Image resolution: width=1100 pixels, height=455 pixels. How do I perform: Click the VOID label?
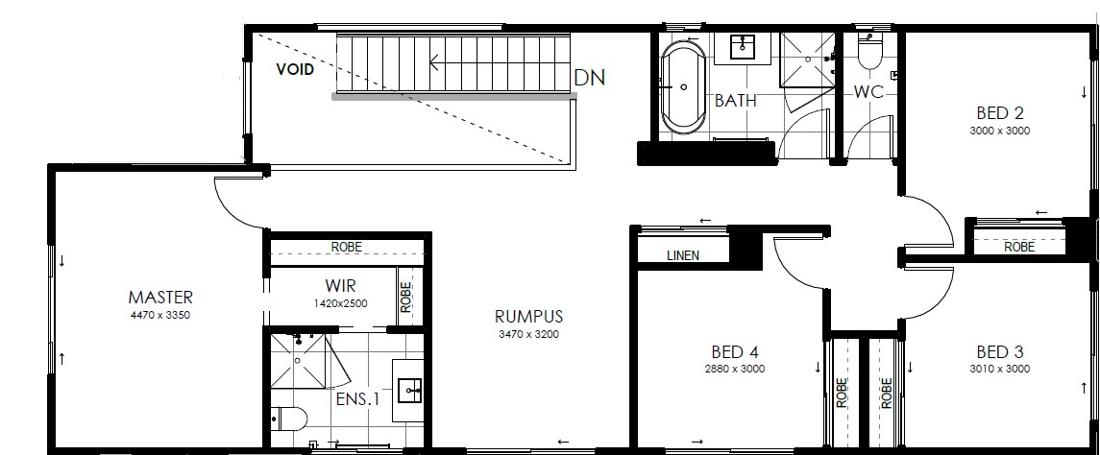coord(295,70)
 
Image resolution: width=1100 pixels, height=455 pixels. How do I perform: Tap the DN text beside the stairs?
coord(589,77)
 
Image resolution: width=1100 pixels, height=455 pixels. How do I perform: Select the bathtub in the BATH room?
coord(684,87)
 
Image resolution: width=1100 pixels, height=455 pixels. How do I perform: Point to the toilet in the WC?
coord(869,51)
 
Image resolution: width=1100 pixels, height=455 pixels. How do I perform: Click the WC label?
coord(868,92)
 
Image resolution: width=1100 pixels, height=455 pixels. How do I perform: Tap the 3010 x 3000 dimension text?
coord(1000,369)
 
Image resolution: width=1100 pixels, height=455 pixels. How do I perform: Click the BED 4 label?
coord(735,352)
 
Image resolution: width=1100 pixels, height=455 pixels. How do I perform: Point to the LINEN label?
coord(683,256)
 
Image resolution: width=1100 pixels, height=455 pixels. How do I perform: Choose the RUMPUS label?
coord(529,317)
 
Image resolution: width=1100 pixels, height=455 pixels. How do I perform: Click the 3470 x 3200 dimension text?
coord(529,334)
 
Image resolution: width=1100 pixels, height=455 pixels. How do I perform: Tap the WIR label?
coord(340,286)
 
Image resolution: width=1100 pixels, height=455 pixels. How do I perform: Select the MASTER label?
coord(159,298)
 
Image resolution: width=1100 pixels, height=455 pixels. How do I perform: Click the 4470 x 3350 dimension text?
coord(159,315)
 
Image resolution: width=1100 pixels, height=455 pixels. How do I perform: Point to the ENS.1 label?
coord(357,399)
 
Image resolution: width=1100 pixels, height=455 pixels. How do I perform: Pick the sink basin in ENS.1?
coord(409,391)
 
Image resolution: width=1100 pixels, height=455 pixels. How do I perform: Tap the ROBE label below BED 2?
coord(1018,248)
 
